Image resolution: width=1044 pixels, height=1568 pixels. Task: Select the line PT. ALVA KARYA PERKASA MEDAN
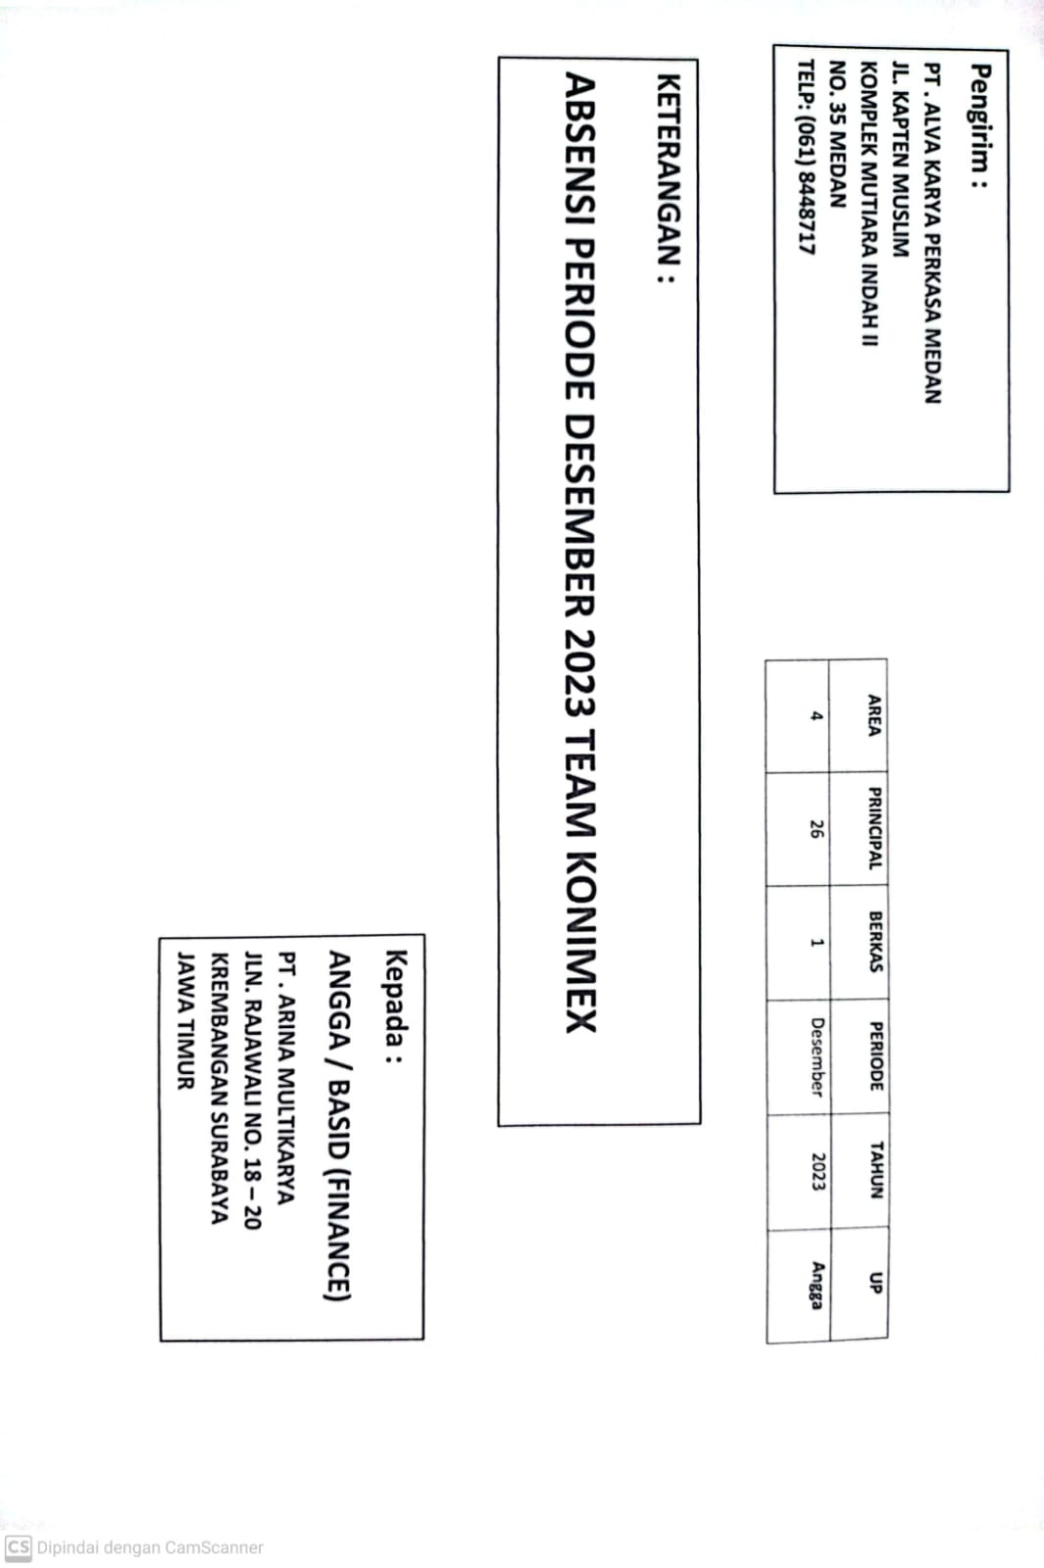[x=932, y=234]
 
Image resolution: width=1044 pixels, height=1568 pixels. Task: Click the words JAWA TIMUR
[x=185, y=1020]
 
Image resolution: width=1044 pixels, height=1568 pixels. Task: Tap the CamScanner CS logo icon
[x=19, y=1547]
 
